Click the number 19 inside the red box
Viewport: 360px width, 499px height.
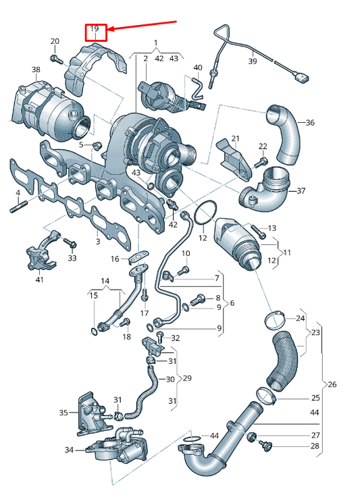[95, 28]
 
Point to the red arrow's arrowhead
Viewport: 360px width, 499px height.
[110, 30]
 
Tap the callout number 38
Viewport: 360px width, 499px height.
[36, 70]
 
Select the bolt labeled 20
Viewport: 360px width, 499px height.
[57, 59]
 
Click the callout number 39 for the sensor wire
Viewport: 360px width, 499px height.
[253, 61]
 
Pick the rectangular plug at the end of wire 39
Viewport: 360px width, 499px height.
[302, 78]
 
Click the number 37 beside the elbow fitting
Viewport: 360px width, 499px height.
[301, 191]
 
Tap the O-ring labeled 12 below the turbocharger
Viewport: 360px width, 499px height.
[205, 212]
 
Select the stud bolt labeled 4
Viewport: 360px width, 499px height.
[18, 207]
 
